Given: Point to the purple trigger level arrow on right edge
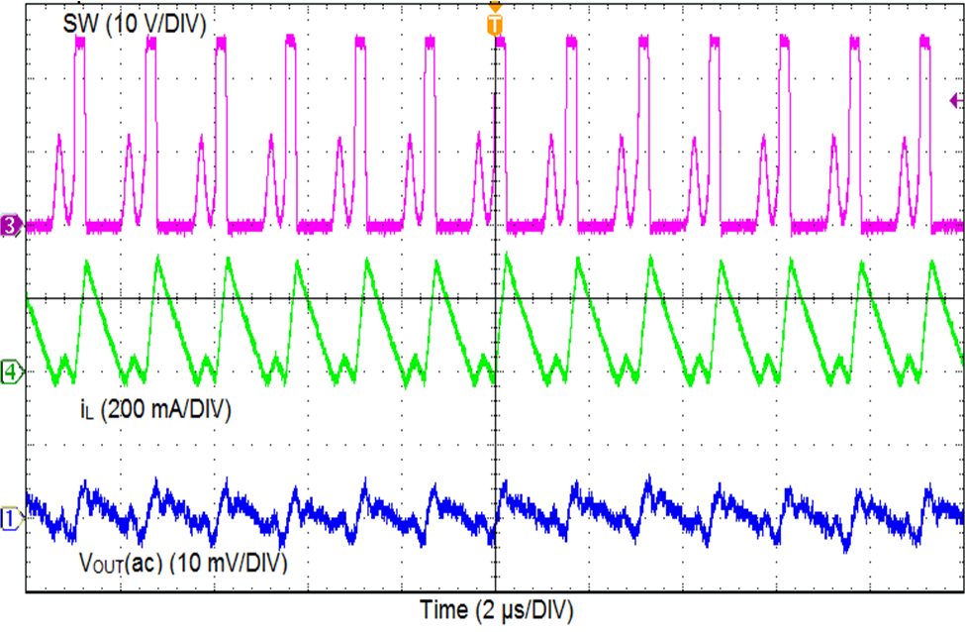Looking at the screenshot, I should tap(956, 99).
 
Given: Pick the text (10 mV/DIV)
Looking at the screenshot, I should tap(227, 565).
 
